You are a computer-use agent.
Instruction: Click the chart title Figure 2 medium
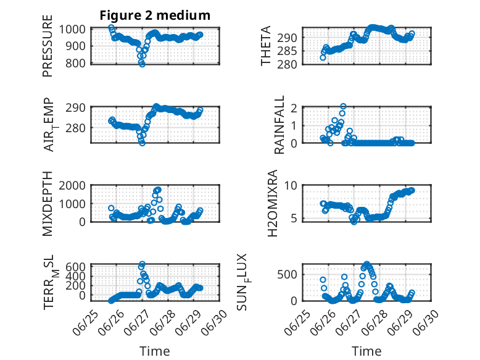155,15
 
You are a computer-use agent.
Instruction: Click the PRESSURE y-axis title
48,46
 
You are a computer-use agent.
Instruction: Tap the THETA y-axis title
266,46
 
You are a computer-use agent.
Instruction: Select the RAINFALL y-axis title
279,125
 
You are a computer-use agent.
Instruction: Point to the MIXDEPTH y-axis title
48,203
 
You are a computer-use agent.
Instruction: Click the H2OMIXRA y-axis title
272,203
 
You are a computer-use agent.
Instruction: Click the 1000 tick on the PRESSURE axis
72,30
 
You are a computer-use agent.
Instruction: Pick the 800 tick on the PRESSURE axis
75,64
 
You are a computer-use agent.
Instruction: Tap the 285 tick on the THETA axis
287,51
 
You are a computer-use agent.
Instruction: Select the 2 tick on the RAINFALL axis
294,108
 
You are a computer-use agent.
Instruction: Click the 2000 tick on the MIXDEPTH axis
72,185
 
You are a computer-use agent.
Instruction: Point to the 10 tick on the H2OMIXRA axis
291,185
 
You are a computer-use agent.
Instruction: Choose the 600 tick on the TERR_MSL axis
75,267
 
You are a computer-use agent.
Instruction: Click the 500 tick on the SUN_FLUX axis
287,275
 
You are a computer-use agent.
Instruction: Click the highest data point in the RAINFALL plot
343,106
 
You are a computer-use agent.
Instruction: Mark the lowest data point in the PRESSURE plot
142,64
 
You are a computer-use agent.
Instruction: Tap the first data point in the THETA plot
323,57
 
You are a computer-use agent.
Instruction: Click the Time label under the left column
155,351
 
